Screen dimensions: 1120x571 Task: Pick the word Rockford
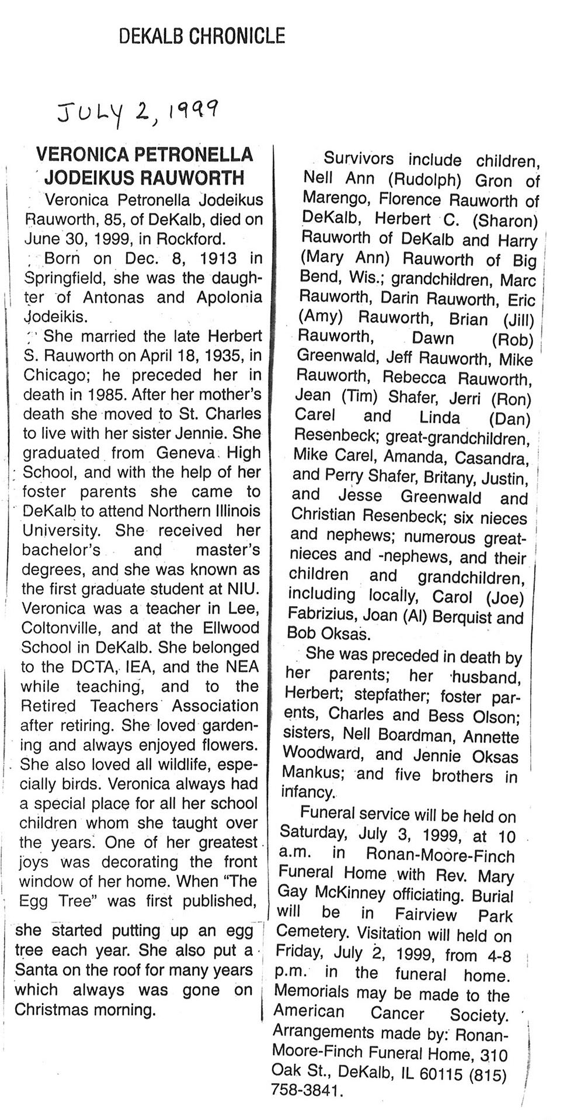coord(194,239)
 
